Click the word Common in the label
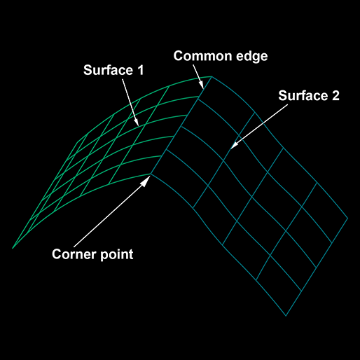pos(203,56)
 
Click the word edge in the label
pos(252,57)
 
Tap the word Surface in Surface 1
pos(108,70)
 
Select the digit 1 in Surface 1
pos(141,70)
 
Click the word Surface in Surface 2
pos(303,96)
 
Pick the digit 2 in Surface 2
pos(335,96)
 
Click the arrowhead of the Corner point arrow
pos(146,181)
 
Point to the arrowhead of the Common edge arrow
pos(201,85)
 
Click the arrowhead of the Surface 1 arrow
pos(137,122)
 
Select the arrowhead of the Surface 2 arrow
pos(234,145)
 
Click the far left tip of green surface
pos(13,248)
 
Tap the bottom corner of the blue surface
pos(286,316)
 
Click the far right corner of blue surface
pos(347,219)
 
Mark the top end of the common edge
pos(212,76)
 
